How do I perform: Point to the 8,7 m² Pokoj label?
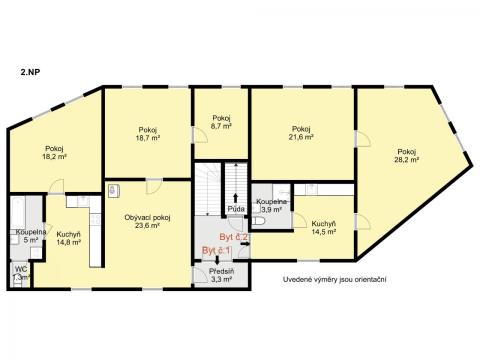pos(222,122)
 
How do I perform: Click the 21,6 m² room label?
pos(301,133)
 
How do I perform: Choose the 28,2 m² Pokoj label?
pos(406,155)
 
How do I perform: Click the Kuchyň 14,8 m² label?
pos(68,238)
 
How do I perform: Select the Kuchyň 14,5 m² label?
pos(323,227)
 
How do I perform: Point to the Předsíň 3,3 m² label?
pos(222,275)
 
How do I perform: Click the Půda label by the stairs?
pos(236,209)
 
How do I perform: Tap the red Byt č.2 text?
pos(233,237)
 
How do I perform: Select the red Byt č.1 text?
pos(217,251)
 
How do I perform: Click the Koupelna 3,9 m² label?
pos(271,205)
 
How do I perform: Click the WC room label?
pos(21,273)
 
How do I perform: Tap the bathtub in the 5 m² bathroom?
pos(17,213)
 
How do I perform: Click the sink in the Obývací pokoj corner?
pos(113,190)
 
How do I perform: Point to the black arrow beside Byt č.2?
pos(245,244)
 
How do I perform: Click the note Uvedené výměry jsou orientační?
pos(335,279)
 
